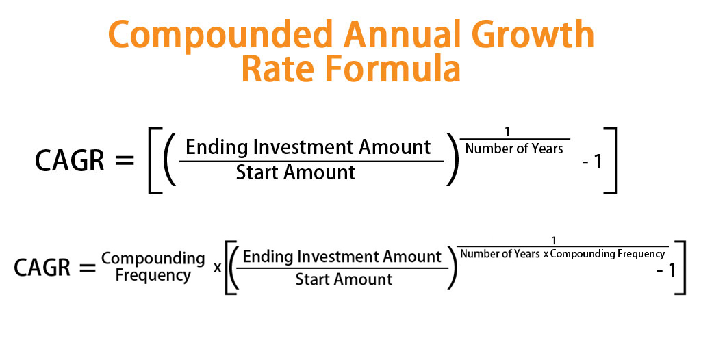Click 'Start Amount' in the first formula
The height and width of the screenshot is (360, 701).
(x=296, y=172)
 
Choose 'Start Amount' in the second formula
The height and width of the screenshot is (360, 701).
(x=344, y=279)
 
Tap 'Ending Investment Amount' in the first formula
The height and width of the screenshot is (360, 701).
(x=308, y=146)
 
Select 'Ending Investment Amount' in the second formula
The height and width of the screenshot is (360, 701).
(x=342, y=257)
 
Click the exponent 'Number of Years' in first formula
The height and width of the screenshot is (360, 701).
(x=513, y=149)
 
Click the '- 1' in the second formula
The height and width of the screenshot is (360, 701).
(x=665, y=270)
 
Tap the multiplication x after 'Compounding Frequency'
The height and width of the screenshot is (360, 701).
(x=218, y=266)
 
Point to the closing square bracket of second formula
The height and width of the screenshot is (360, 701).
(x=680, y=267)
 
